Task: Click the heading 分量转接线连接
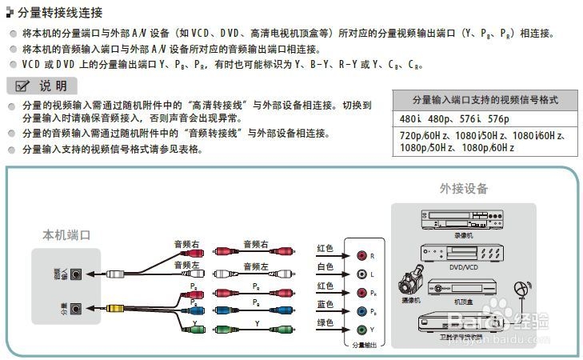pyautogui.click(x=59, y=14)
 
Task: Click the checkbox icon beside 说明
pyautogui.click(x=22, y=86)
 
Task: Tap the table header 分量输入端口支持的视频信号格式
pyautogui.click(x=485, y=100)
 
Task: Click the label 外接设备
pyautogui.click(x=463, y=190)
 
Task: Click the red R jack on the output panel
pyautogui.click(x=361, y=256)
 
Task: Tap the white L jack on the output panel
pyautogui.click(x=361, y=274)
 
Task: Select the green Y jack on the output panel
pyautogui.click(x=361, y=329)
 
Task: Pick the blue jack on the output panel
pyautogui.click(x=361, y=311)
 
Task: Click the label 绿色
pyautogui.click(x=325, y=324)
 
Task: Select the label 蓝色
pyautogui.click(x=325, y=305)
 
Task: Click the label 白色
pyautogui.click(x=325, y=266)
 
